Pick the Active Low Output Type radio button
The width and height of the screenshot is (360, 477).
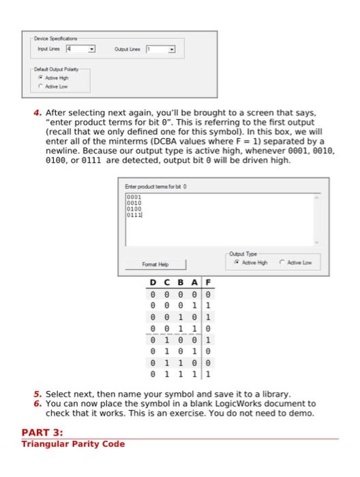point(281,262)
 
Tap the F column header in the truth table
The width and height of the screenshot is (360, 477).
point(208,283)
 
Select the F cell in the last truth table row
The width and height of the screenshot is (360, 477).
point(208,373)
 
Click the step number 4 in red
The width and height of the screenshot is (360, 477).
point(40,112)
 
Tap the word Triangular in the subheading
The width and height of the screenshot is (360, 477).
point(43,444)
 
